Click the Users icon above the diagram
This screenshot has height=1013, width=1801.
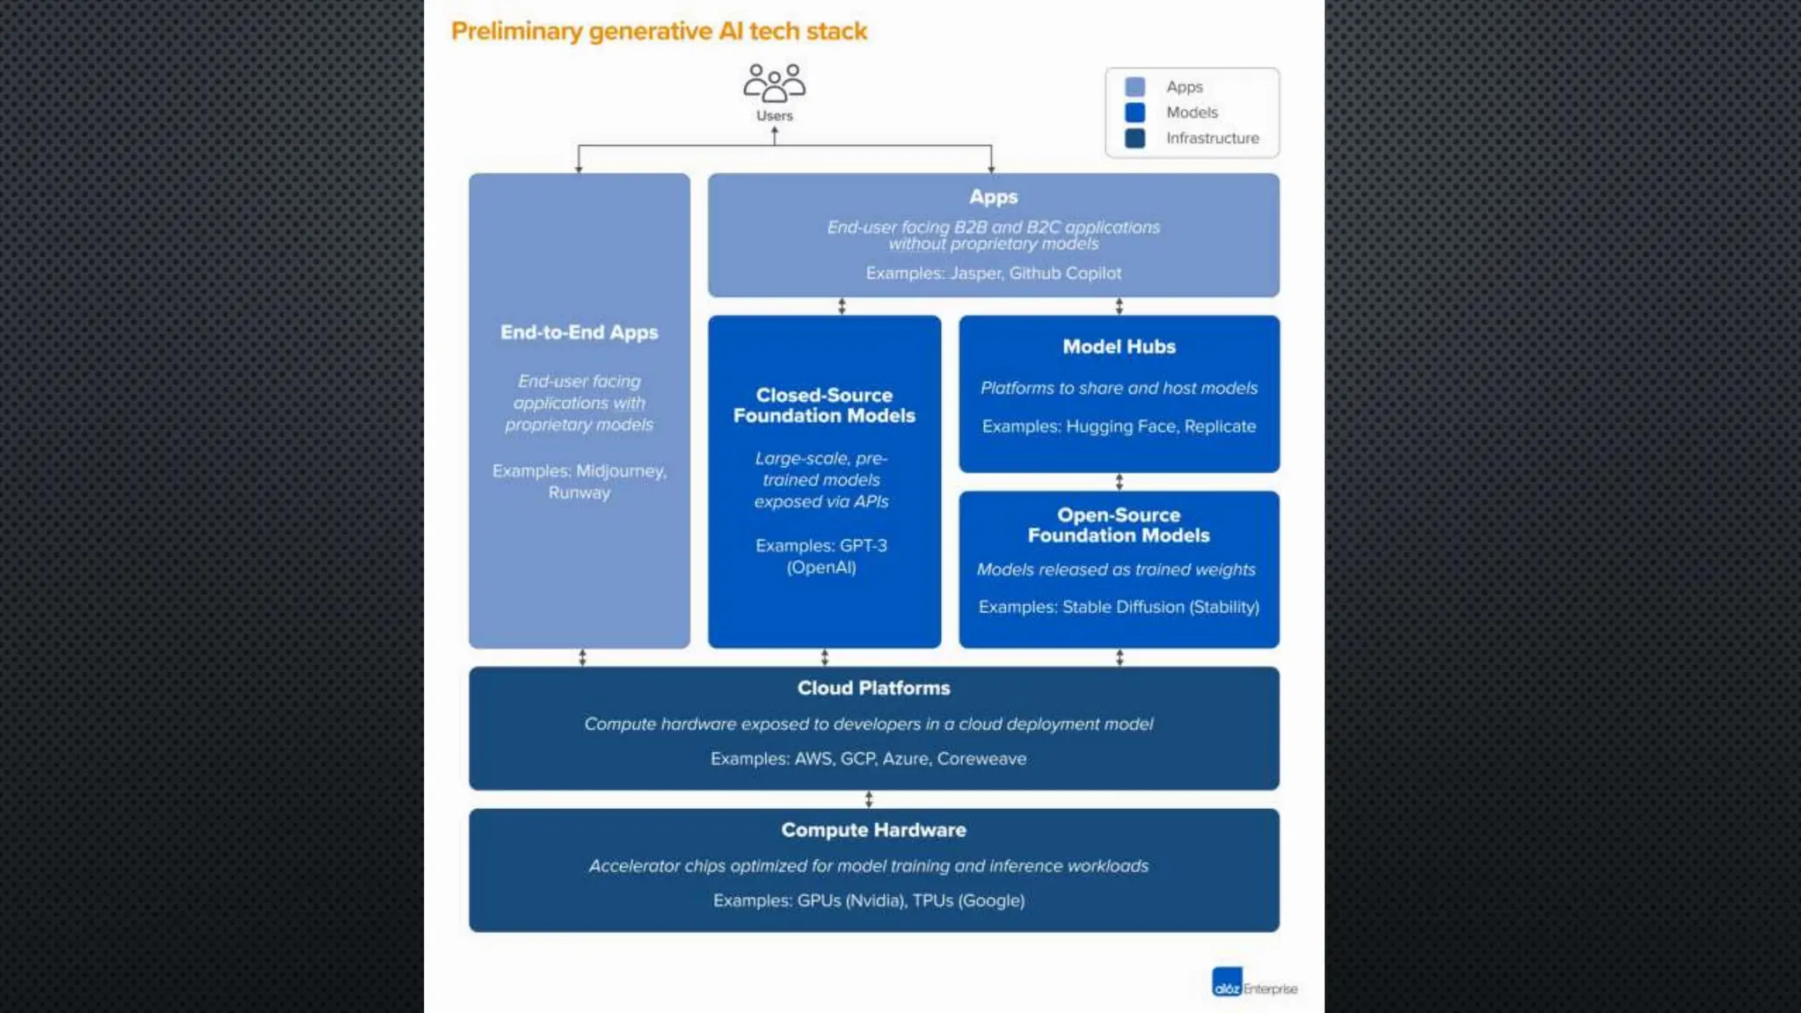click(774, 84)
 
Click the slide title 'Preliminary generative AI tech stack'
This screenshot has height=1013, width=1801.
click(659, 32)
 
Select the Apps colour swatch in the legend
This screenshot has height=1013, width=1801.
click(1135, 87)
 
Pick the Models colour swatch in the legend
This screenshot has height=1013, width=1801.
click(1135, 113)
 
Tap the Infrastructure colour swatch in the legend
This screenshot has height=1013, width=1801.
click(1135, 138)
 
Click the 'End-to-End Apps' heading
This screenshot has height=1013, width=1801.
click(579, 332)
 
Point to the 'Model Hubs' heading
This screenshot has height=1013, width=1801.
click(1119, 346)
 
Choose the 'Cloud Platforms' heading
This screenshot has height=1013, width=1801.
click(873, 688)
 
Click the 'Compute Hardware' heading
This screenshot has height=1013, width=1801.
click(873, 830)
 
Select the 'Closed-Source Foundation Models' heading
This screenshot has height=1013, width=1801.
click(824, 405)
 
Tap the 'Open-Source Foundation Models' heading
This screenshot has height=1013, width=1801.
click(1119, 525)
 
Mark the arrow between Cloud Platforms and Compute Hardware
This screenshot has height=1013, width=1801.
click(869, 799)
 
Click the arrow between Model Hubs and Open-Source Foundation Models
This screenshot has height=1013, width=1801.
click(1119, 482)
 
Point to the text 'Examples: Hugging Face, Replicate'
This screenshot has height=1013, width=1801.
click(1119, 426)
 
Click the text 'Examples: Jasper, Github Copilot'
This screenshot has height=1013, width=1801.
click(993, 273)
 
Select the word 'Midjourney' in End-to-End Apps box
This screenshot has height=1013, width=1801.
click(620, 471)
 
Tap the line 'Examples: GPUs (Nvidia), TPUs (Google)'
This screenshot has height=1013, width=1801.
click(869, 900)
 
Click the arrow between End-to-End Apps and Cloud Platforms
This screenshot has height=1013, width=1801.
click(582, 658)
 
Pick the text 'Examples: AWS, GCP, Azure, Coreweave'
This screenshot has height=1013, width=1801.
click(869, 759)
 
